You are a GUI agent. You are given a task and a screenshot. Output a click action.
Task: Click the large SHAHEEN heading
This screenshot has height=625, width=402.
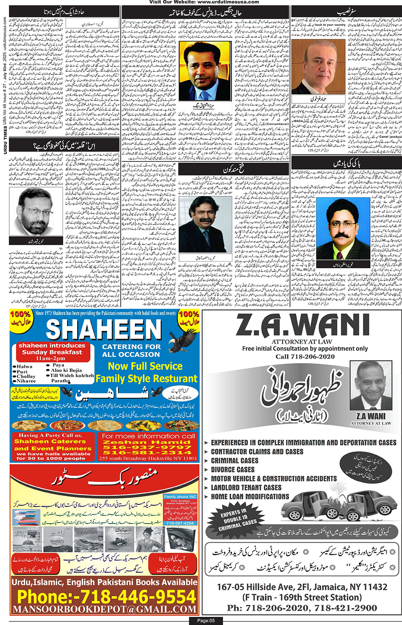(104, 330)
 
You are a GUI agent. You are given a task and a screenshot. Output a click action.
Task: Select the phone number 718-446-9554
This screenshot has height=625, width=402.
(106, 596)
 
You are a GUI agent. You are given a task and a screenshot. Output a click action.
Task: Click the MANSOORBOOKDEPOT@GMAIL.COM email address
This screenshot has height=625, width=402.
(105, 609)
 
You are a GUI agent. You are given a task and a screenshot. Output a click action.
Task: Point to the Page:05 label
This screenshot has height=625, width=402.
(206, 621)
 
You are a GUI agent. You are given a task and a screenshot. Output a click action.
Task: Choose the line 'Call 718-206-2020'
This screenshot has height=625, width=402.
(305, 356)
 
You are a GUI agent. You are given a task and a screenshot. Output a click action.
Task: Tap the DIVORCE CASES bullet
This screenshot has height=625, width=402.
(233, 469)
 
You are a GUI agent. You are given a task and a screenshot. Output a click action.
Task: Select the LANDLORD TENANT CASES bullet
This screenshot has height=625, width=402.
(246, 488)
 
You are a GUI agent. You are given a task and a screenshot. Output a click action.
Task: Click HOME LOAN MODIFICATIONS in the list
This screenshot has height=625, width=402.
(250, 497)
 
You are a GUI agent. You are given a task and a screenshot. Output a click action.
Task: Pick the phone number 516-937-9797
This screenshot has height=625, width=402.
(147, 447)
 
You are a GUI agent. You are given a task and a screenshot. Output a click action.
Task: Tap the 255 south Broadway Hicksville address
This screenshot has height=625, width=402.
(148, 458)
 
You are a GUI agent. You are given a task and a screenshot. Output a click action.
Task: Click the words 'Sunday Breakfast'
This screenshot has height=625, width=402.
(52, 352)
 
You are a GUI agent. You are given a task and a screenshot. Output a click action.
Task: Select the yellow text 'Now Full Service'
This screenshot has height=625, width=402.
(145, 366)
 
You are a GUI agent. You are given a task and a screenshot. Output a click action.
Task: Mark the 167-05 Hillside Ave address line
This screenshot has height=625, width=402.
(302, 587)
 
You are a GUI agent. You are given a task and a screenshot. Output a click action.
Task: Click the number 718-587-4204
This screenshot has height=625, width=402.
(180, 523)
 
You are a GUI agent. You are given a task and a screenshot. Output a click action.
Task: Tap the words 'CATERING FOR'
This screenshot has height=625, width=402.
(131, 347)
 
